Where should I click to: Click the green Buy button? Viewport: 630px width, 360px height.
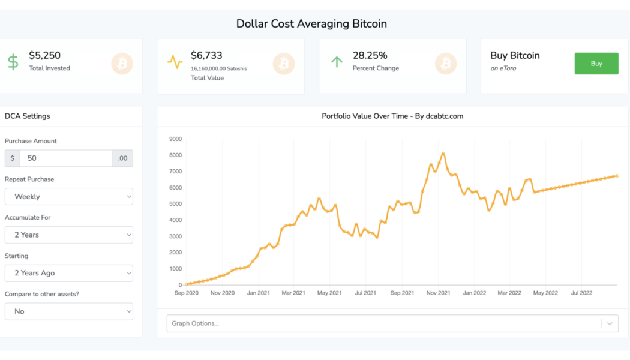[x=596, y=64]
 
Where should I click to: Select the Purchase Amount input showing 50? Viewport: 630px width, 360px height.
[x=66, y=158]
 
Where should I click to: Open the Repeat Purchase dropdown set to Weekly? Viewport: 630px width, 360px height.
[x=69, y=197]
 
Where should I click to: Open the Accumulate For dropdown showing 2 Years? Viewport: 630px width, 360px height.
[x=69, y=235]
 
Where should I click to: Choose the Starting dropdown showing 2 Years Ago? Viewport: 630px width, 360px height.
[x=69, y=273]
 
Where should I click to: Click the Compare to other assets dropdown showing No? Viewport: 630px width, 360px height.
[x=69, y=311]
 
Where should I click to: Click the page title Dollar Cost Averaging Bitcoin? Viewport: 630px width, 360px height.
[x=311, y=24]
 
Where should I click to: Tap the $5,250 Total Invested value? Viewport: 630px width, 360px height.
[x=45, y=55]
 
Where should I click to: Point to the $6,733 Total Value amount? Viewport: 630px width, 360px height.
[x=206, y=55]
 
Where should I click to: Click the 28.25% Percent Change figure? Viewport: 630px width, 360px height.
[x=370, y=55]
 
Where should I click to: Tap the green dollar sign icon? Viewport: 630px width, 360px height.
[x=13, y=62]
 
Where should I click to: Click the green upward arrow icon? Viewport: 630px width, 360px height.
[x=337, y=62]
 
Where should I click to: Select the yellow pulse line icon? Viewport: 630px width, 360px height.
[x=175, y=62]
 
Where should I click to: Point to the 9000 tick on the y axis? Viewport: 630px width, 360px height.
[x=175, y=139]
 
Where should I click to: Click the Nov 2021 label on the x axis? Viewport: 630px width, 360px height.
[x=438, y=293]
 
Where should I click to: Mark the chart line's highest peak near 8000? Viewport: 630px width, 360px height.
[x=443, y=153]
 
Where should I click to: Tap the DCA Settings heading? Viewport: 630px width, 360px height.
[x=28, y=116]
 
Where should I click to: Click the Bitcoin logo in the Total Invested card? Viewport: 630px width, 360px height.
[x=122, y=64]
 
